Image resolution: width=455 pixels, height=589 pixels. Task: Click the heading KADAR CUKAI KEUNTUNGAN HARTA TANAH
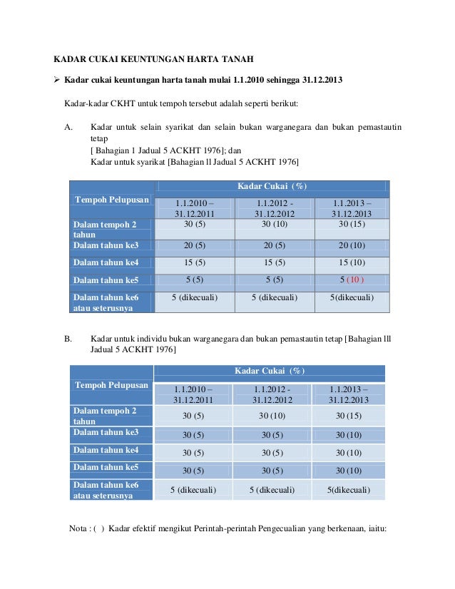point(155,58)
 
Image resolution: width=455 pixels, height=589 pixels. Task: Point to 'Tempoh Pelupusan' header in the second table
point(111,385)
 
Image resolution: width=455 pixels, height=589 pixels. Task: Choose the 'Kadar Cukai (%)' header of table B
point(270,371)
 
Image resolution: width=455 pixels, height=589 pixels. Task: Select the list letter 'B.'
point(69,338)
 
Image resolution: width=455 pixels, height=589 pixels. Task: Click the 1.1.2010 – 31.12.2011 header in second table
point(193,394)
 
